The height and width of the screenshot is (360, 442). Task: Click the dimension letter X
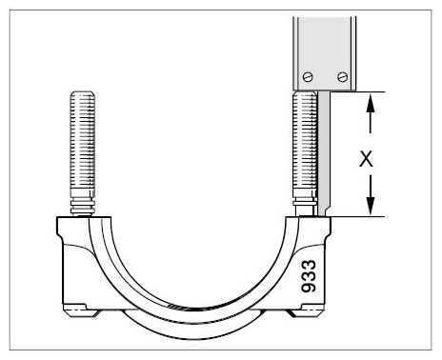366,159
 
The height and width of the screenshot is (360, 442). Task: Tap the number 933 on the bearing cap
309,276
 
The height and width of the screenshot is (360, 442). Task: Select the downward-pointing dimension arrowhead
371,206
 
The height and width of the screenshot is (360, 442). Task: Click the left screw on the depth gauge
308,77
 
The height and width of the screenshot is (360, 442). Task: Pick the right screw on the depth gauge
342,76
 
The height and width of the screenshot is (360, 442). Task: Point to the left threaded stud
83,153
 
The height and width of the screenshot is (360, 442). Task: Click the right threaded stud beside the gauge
305,153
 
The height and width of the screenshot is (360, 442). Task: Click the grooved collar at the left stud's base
83,206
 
